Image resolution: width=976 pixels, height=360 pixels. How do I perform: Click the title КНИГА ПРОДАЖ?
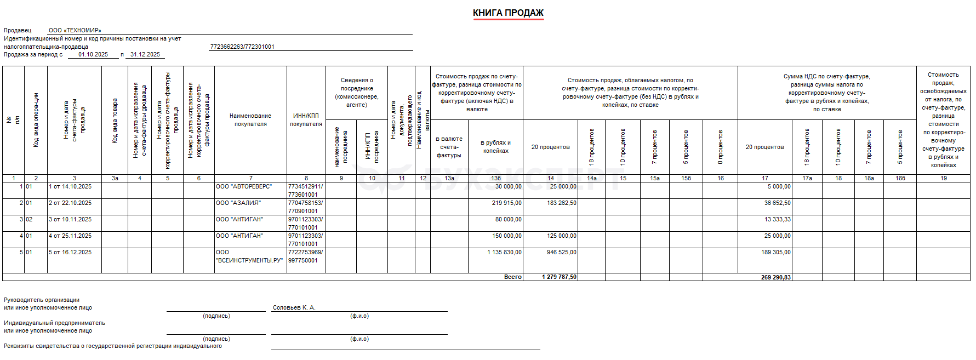pos(508,13)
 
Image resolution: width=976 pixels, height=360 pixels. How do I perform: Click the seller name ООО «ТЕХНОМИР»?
pos(75,31)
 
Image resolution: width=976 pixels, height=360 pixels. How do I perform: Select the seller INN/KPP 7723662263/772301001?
pos(242,47)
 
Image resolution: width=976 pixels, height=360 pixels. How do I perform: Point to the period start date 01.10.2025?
pos(93,55)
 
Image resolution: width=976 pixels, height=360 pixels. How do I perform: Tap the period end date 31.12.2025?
pos(145,55)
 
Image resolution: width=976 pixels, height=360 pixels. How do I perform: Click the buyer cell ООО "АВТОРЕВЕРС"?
pos(244,187)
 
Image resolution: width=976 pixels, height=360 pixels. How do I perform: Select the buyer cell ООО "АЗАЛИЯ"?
pos(238,203)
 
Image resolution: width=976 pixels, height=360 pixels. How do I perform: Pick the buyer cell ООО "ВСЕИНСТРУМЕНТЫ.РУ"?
pos(249,256)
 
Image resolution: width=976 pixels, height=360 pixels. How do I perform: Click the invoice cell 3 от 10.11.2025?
pos(70,220)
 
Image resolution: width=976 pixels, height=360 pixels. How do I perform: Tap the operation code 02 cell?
pos(29,220)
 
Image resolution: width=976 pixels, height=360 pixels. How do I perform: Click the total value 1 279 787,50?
pos(559,277)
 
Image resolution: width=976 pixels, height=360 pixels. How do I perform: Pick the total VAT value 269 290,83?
pos(775,277)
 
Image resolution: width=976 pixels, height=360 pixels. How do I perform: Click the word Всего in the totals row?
pos(513,277)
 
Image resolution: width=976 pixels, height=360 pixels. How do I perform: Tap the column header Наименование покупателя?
pos(250,120)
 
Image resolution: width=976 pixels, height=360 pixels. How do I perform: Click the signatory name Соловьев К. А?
pos(294,308)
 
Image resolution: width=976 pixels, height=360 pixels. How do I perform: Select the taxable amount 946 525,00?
pos(561,253)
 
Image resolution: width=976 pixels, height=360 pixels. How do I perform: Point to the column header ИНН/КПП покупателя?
pos(306,120)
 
